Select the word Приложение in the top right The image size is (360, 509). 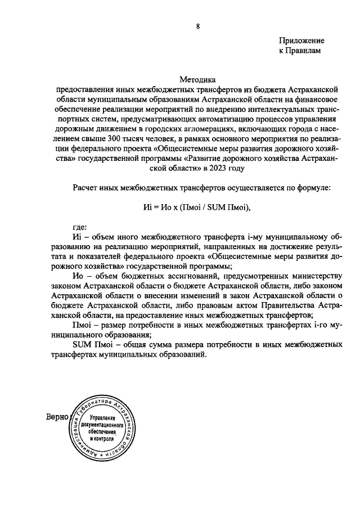point(302,41)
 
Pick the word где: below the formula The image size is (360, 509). point(80,227)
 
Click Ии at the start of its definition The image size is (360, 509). point(78,237)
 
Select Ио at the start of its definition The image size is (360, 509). point(78,276)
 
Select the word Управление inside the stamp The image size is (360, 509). point(98,418)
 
